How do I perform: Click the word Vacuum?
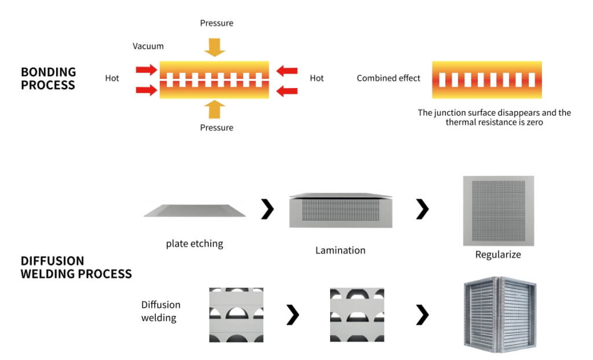point(148,46)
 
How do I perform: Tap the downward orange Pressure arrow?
point(215,46)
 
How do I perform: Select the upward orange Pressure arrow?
point(215,109)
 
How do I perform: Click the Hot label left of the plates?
point(112,78)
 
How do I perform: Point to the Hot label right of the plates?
point(317,78)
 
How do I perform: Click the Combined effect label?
point(389,78)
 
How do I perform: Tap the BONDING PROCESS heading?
point(48,78)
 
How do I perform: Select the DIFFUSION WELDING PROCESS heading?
point(76,267)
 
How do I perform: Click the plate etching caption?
point(195,244)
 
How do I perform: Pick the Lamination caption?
point(341,251)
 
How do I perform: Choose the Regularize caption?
point(498,255)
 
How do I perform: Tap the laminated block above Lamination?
point(341,211)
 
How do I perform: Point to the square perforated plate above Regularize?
point(498,211)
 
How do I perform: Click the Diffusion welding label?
point(161,311)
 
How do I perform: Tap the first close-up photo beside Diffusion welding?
point(236,314)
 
